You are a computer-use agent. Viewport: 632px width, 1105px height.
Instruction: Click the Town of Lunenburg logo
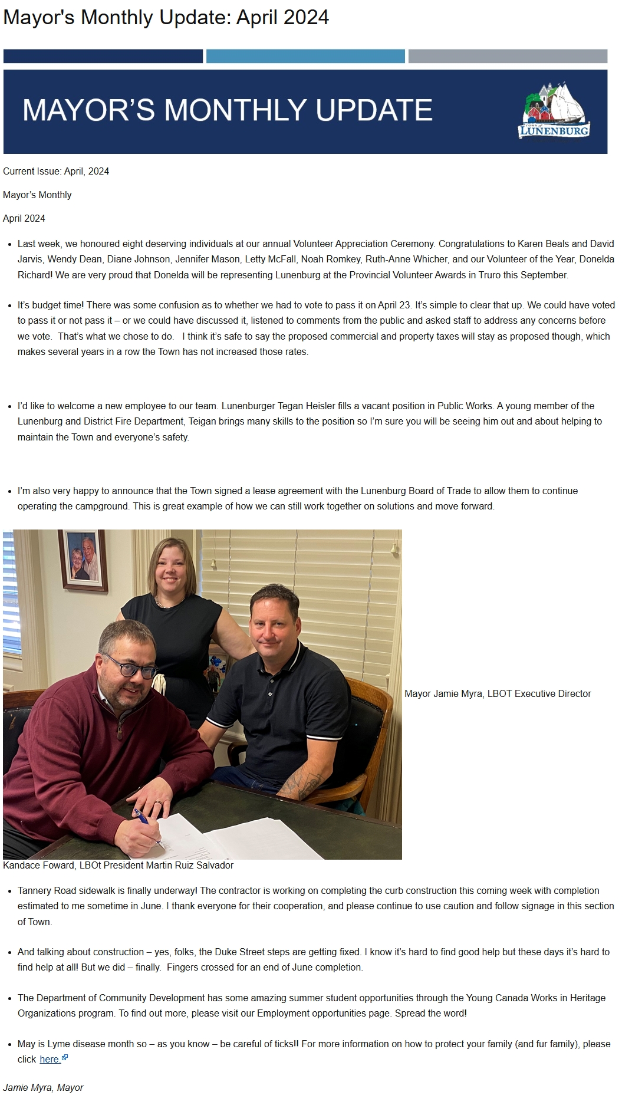[554, 111]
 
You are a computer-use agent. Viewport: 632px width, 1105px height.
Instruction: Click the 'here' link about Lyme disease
[50, 1060]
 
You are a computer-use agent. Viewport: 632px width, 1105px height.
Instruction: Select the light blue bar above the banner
[305, 56]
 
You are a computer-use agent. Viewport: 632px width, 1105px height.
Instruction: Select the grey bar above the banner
[508, 56]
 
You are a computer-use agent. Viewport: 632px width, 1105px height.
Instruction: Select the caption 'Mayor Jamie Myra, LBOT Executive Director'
[498, 694]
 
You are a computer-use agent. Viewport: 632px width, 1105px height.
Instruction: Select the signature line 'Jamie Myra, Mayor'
[43, 1088]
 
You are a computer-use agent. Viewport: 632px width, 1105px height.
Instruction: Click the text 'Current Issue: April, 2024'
[56, 172]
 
